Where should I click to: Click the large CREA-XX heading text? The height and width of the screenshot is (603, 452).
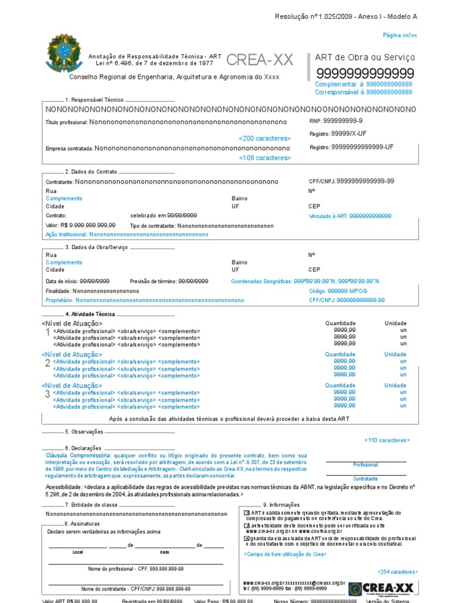[x=259, y=60]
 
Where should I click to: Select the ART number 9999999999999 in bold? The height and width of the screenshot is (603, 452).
[x=365, y=74]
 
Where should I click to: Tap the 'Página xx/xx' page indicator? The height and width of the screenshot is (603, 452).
[x=400, y=35]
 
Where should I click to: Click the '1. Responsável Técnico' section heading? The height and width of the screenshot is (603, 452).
[x=95, y=100]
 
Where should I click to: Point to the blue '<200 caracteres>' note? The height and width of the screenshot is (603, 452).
[x=265, y=138]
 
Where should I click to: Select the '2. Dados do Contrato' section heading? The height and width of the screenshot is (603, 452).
[x=91, y=171]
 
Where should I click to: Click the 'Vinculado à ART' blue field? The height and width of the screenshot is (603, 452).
[x=350, y=216]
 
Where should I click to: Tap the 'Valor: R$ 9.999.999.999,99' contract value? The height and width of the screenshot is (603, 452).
[x=81, y=226]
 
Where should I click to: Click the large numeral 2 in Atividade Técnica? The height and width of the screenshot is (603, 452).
[x=48, y=363]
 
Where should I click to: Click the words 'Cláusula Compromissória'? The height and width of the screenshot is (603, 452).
[x=77, y=455]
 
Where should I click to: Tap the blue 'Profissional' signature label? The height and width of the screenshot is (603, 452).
[x=365, y=465]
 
